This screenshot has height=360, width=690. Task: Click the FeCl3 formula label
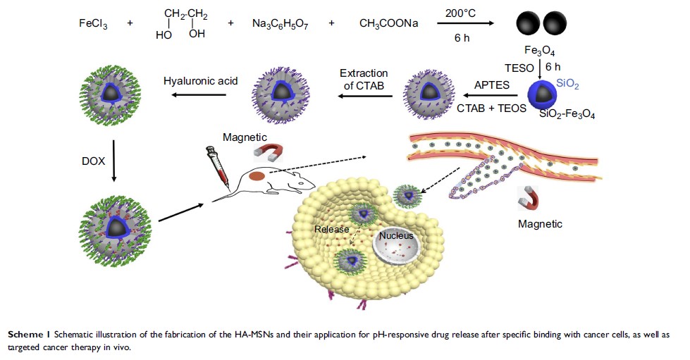click(93, 23)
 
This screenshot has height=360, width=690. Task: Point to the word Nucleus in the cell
click(395, 235)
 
